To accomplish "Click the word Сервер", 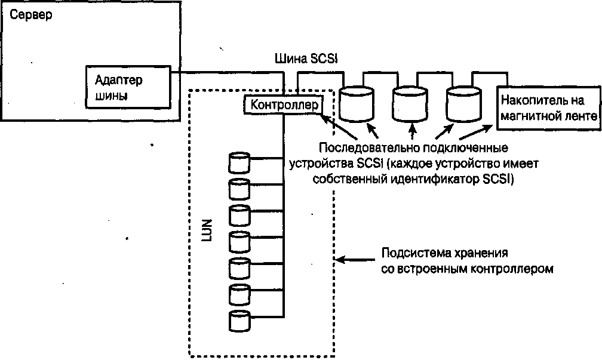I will click(x=29, y=14).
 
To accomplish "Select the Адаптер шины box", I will click(x=127, y=88).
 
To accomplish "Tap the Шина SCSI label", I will click(x=306, y=59).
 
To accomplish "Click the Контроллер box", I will click(x=281, y=105).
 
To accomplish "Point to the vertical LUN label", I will click(x=207, y=238).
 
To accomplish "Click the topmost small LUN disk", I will click(x=239, y=162).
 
